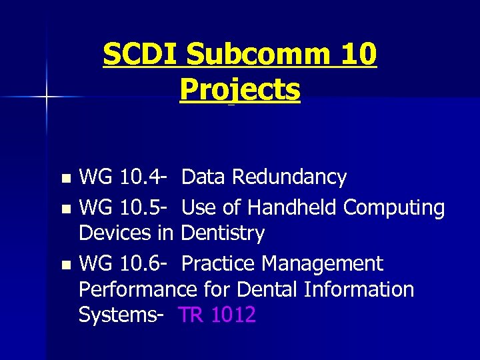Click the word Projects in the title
point(240,90)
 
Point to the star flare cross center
point(46,97)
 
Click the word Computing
point(394,208)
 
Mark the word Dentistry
point(223,233)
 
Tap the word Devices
point(117,233)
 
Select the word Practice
point(221,264)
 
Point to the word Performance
point(137,289)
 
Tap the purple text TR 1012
point(217,315)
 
